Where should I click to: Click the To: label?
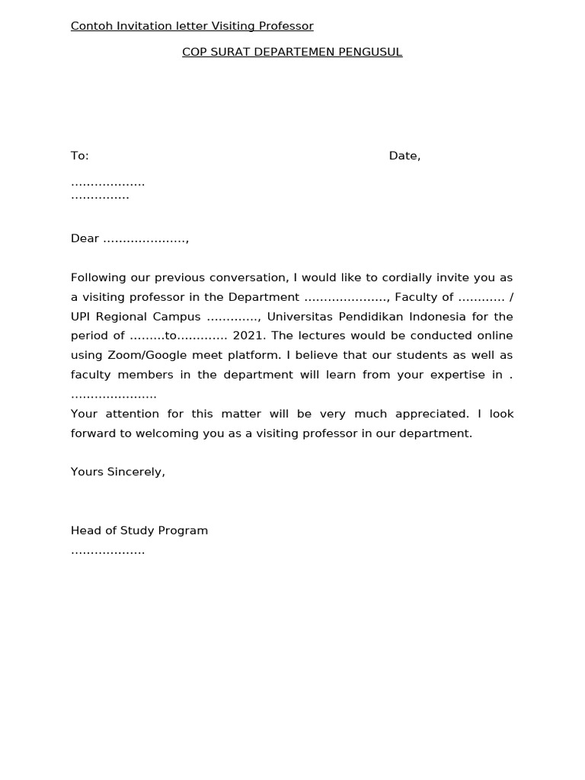pyautogui.click(x=80, y=155)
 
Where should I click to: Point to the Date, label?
pyautogui.click(x=404, y=155)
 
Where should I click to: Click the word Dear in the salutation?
pyautogui.click(x=85, y=238)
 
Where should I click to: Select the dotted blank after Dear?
pyautogui.click(x=145, y=239)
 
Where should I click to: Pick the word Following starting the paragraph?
pyautogui.click(x=99, y=277)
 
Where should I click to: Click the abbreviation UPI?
pyautogui.click(x=82, y=316)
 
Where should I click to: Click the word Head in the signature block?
pyautogui.click(x=85, y=530)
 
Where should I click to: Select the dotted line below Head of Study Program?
pyautogui.click(x=107, y=551)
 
